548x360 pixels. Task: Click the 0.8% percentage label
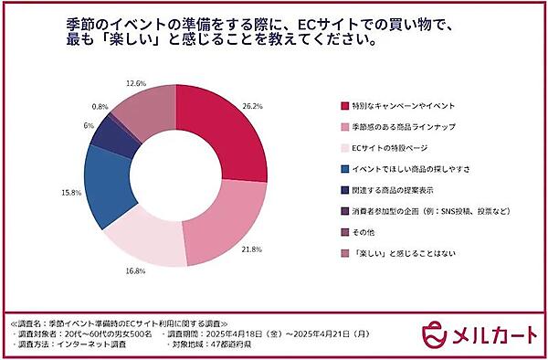coord(100,107)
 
